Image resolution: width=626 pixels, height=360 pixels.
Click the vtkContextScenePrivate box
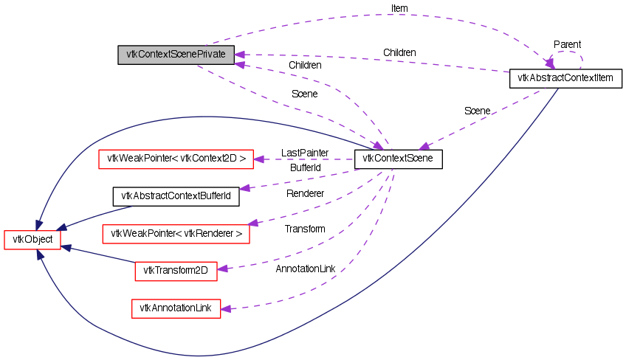click(x=176, y=55)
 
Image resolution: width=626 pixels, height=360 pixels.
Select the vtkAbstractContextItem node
click(x=566, y=77)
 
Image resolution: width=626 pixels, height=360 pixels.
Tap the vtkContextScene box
click(x=398, y=159)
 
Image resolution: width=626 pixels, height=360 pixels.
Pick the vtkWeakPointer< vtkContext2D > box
click(x=176, y=159)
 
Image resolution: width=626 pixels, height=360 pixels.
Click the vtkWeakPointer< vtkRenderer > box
click(x=176, y=235)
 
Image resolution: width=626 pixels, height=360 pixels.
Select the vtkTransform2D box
click(x=176, y=271)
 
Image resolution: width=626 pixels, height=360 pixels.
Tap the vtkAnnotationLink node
click(x=176, y=308)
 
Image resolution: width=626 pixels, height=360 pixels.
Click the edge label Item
click(x=399, y=8)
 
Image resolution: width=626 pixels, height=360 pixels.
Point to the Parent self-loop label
click(x=567, y=45)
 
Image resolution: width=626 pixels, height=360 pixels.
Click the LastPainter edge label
click(x=304, y=152)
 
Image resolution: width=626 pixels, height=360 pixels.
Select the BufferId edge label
click(x=305, y=168)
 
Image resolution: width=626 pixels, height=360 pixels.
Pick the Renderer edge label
click(x=305, y=193)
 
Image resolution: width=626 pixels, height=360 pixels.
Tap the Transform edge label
click(x=305, y=229)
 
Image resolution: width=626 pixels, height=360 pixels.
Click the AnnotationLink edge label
click(x=305, y=269)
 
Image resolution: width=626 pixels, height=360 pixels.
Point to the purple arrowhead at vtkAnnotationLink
click(x=226, y=308)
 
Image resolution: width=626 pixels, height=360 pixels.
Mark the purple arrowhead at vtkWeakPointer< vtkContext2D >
click(x=259, y=159)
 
